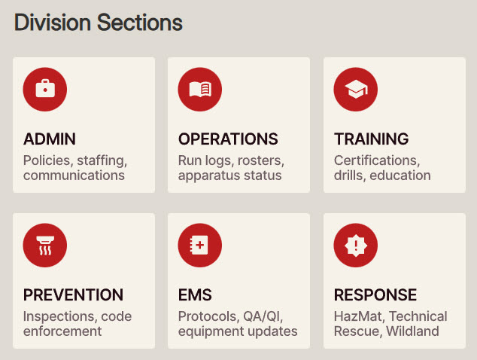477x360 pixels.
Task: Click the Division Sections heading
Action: tap(99, 23)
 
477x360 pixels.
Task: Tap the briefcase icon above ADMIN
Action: tap(45, 89)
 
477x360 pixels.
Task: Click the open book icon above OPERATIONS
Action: tap(200, 89)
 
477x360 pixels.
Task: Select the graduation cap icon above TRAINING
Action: tap(356, 89)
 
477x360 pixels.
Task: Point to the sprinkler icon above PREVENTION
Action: tap(45, 245)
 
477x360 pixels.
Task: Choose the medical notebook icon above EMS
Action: tap(200, 245)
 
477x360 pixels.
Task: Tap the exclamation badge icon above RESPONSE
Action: tap(356, 245)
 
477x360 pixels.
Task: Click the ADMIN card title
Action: tap(50, 139)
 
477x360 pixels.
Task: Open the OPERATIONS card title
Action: tap(228, 139)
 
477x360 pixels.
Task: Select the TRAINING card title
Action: tap(371, 139)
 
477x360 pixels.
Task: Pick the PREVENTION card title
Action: tap(73, 295)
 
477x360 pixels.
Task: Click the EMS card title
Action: tap(195, 295)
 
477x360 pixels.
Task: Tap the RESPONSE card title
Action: tap(375, 295)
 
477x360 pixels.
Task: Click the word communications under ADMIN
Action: tap(74, 175)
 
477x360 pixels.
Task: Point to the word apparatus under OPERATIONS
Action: tap(207, 175)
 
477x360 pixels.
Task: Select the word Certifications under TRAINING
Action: tap(375, 160)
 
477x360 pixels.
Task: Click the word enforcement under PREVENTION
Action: tap(62, 331)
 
